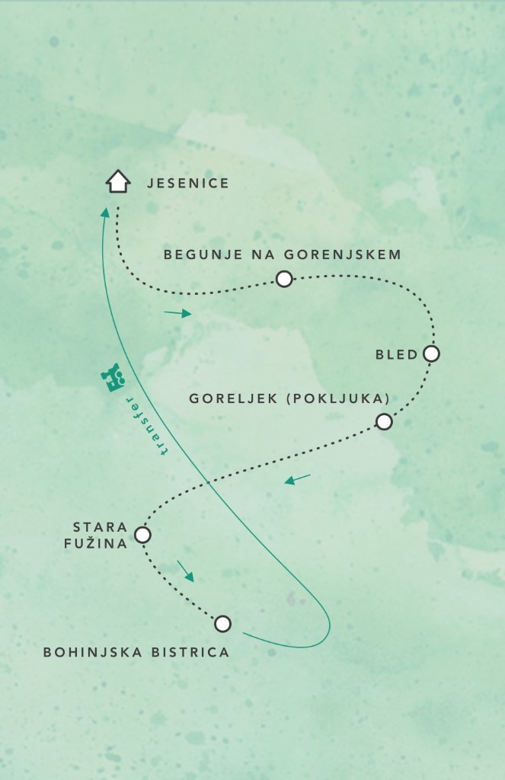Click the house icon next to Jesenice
(117, 182)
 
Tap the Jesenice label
(188, 184)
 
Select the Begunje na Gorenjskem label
(283, 254)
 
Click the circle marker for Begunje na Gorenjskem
(284, 280)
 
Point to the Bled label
(397, 354)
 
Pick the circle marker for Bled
(431, 354)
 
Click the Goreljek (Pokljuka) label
(289, 398)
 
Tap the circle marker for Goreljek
(384, 422)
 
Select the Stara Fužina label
(100, 535)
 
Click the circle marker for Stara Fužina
(142, 535)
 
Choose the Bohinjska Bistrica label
(136, 652)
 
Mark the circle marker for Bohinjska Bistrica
(222, 625)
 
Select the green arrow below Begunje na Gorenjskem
(177, 313)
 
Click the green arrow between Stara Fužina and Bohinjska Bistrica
(186, 571)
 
